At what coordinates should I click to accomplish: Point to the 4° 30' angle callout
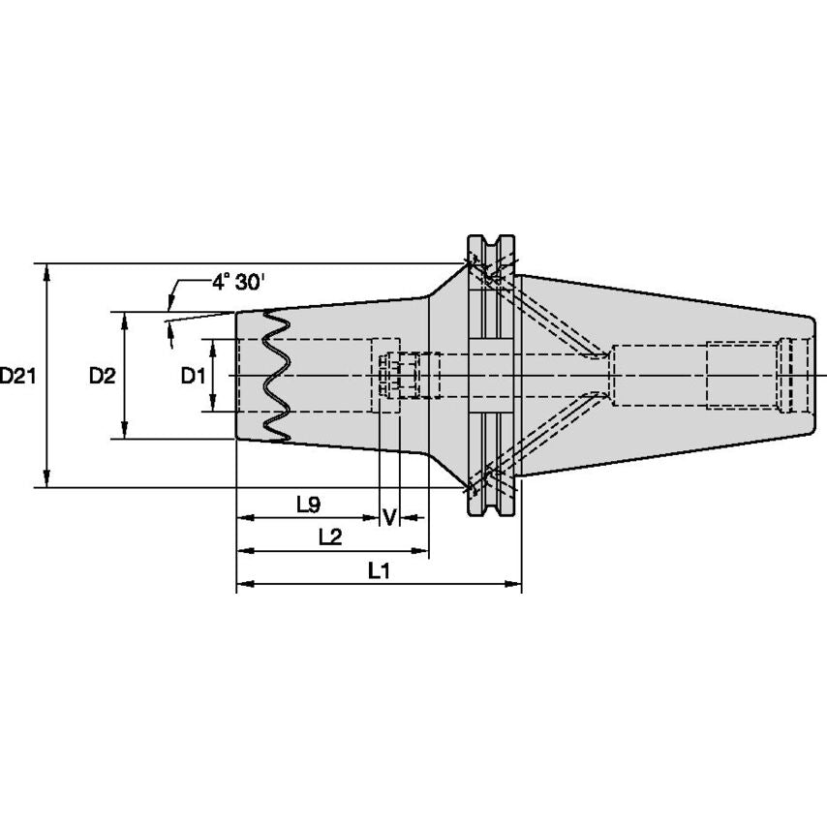coord(238,283)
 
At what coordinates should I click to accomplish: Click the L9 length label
coord(308,504)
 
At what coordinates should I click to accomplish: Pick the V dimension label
coord(389,516)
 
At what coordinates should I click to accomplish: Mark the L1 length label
coord(379,571)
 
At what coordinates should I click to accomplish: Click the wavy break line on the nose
coord(275,378)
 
